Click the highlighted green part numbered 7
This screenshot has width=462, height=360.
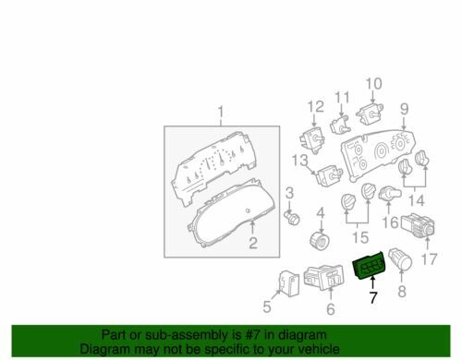369,266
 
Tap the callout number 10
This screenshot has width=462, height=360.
374,83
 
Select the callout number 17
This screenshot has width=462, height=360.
429,258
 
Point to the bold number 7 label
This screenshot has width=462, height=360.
373,297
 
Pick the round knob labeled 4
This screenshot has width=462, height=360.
320,241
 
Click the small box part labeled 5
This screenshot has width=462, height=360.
289,283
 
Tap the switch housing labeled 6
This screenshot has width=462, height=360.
324,277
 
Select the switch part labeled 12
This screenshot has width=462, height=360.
312,140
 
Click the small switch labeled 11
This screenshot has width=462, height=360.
340,124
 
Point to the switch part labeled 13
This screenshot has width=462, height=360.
329,176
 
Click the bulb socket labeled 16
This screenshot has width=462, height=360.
390,194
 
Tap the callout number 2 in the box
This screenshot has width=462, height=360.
253,243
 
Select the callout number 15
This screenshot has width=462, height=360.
360,237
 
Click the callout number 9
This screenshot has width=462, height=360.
405,109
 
